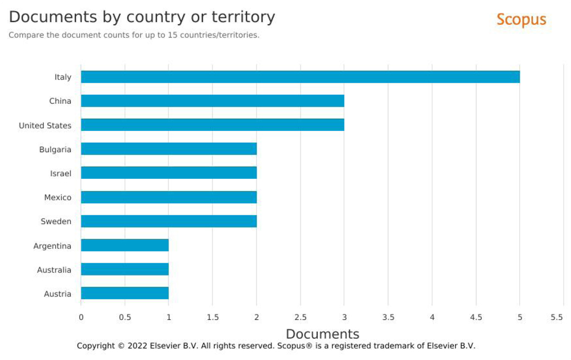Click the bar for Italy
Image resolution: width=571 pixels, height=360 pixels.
click(x=301, y=77)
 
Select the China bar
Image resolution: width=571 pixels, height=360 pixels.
click(x=212, y=101)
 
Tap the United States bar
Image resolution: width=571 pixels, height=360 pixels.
click(x=212, y=125)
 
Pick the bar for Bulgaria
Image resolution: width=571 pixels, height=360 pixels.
click(x=168, y=149)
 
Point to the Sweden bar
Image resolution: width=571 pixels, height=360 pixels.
click(x=168, y=221)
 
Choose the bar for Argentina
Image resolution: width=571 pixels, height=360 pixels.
click(x=125, y=245)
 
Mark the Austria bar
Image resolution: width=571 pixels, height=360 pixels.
click(x=125, y=293)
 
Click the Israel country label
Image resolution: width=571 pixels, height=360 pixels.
click(x=60, y=174)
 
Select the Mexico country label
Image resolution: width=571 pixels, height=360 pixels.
click(x=57, y=198)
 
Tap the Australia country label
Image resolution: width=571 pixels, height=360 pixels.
click(x=54, y=270)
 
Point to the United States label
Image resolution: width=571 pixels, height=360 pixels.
click(x=45, y=125)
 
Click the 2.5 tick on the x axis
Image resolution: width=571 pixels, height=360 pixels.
click(x=301, y=318)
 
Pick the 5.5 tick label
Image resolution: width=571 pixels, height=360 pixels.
click(x=557, y=318)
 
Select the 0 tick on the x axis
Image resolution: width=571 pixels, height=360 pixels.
click(x=81, y=318)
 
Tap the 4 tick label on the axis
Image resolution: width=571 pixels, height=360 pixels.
click(x=432, y=318)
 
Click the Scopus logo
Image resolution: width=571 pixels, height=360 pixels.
click(x=521, y=20)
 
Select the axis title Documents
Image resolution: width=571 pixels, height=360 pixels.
click(x=323, y=334)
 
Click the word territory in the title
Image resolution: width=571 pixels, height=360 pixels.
click(x=243, y=17)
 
